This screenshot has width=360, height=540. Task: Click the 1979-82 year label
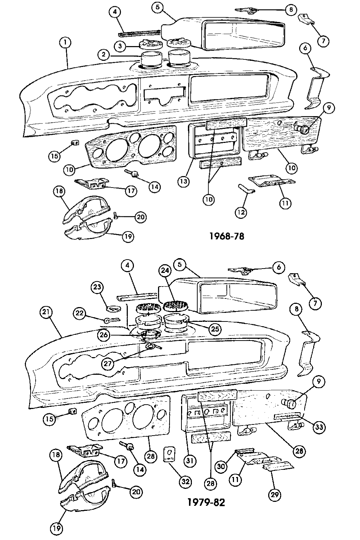[206, 502]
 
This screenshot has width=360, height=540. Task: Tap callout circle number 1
[65, 43]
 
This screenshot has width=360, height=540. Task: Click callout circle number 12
[241, 212]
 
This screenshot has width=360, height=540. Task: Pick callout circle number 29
[275, 495]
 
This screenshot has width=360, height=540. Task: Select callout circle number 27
[108, 363]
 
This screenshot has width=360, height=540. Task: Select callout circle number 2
[104, 55]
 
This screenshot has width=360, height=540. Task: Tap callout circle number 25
[215, 328]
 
